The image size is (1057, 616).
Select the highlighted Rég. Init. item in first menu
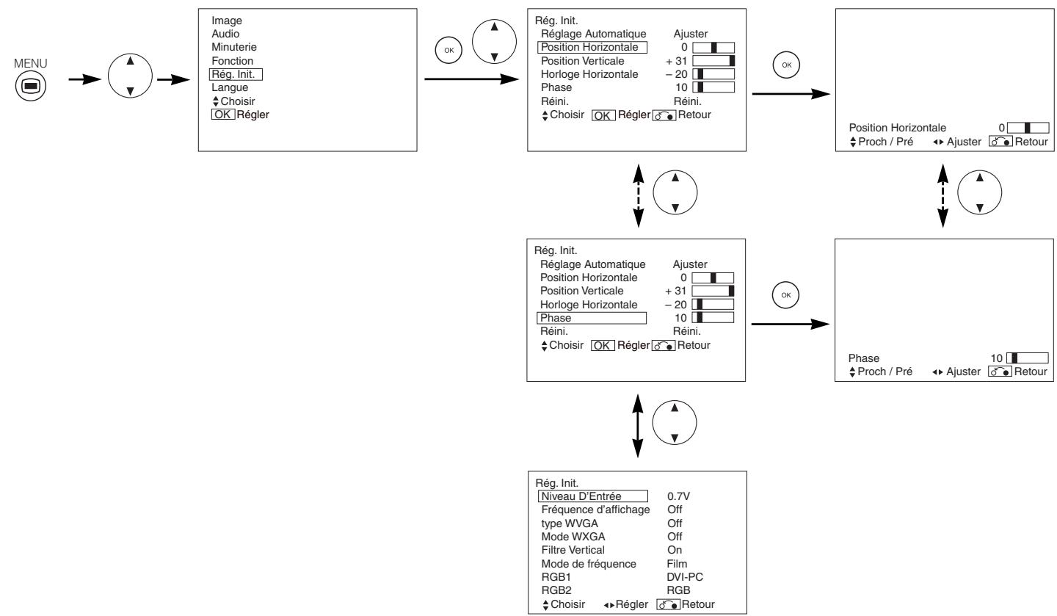236,74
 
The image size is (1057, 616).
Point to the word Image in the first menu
226,21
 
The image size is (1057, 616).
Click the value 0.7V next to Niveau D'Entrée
678,496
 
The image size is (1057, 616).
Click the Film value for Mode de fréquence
677,563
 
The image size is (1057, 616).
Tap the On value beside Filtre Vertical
675,549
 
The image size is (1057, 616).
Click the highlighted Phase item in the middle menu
592,318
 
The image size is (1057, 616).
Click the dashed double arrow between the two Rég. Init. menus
638,197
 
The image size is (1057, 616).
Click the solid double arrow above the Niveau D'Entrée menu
638,425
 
